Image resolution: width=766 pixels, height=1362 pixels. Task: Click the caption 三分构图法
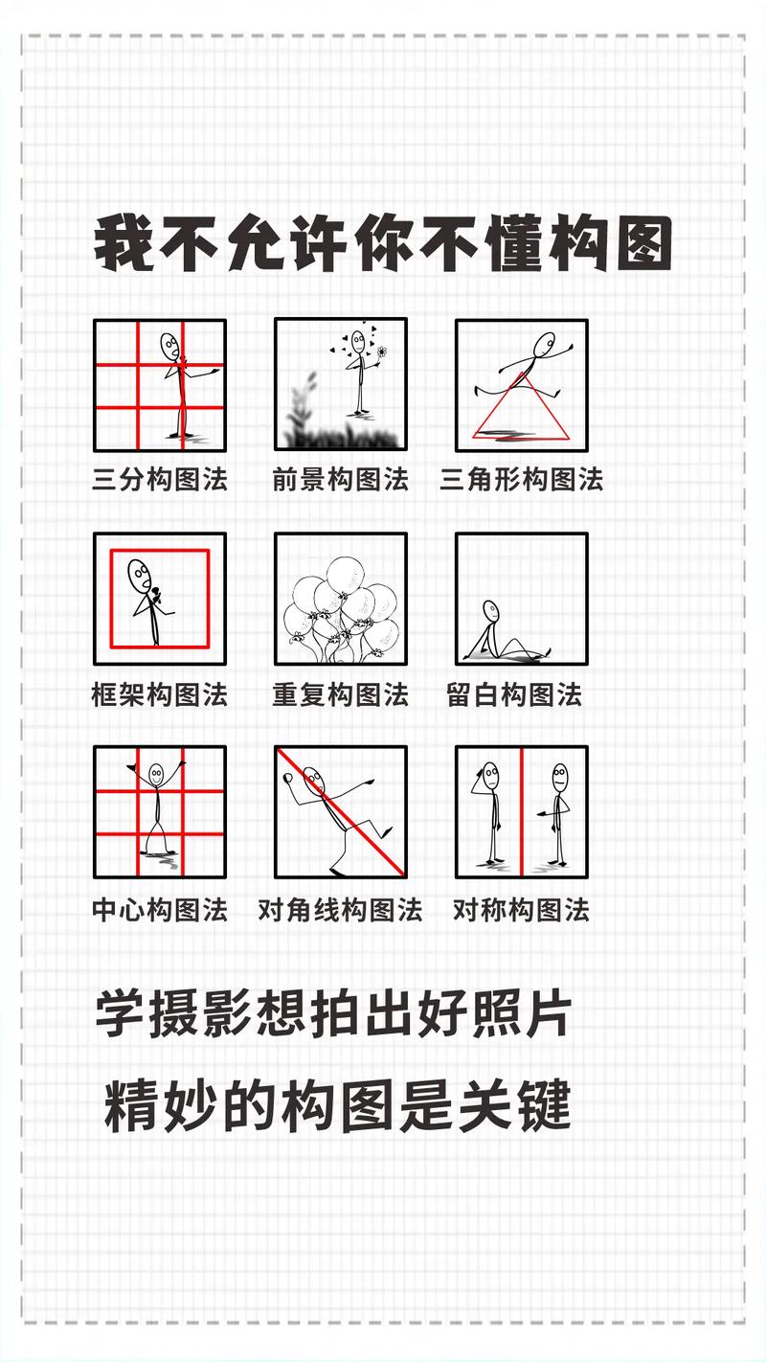pos(160,479)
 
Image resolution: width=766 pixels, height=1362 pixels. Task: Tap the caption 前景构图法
pos(340,479)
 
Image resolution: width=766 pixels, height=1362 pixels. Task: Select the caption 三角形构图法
pos(521,479)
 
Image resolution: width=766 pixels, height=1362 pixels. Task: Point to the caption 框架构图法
pos(160,694)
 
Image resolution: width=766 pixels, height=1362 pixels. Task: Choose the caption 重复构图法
pos(340,694)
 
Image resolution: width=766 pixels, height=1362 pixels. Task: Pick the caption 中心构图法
pos(160,909)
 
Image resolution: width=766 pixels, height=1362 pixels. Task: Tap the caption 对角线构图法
pos(340,909)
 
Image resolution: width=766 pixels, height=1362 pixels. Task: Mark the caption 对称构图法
pos(521,909)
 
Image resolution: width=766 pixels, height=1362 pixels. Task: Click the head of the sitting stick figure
pos(490,609)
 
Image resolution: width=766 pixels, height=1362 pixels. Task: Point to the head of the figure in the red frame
pos(140,575)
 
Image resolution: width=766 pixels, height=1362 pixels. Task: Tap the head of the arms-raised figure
pos(156,773)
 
